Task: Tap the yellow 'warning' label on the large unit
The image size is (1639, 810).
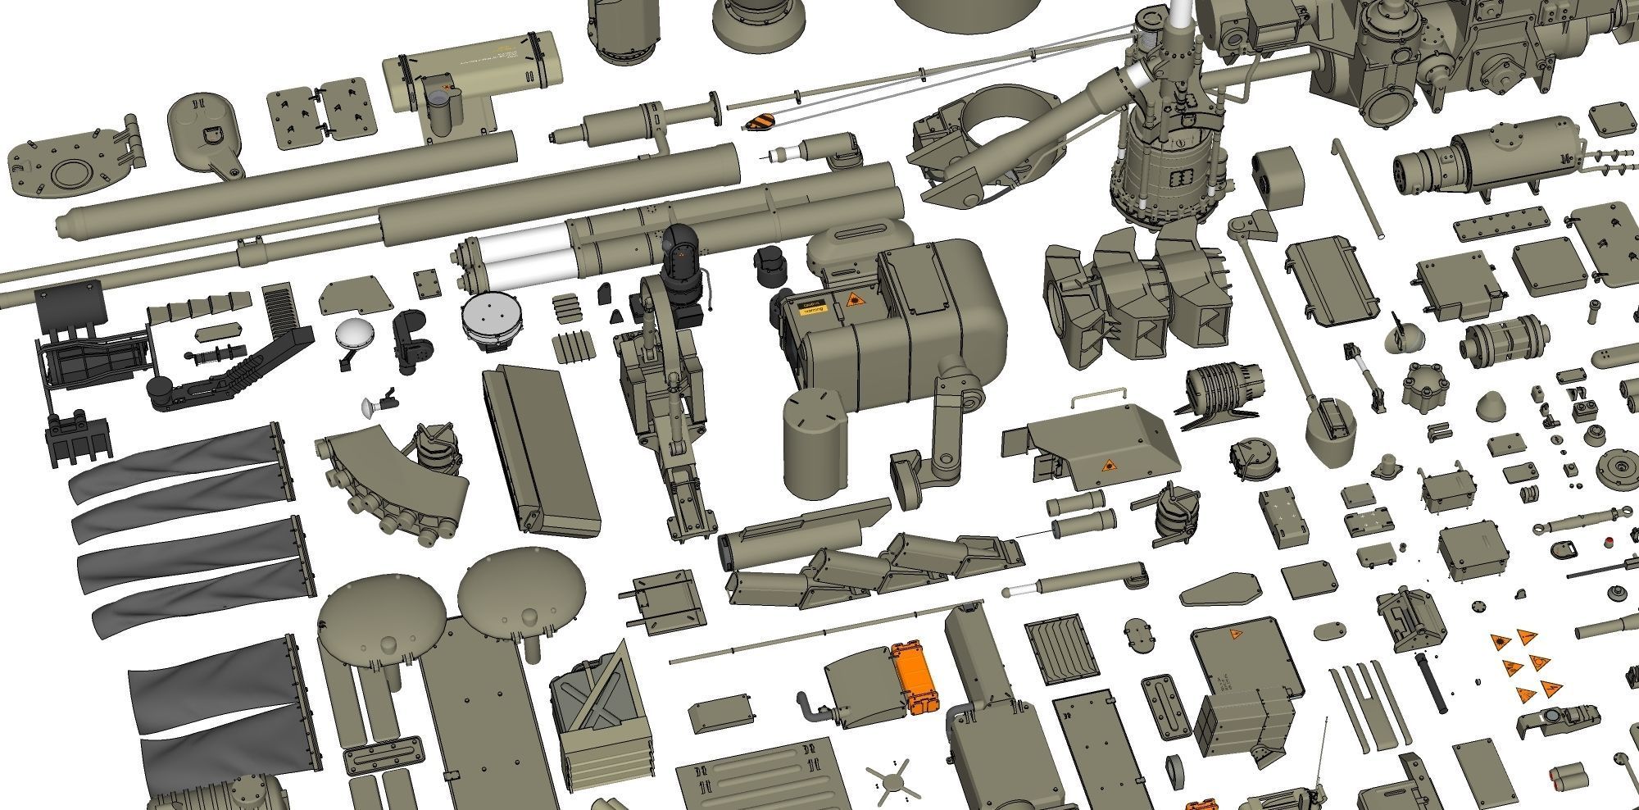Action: tap(811, 309)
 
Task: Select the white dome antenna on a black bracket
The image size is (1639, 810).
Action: tap(352, 336)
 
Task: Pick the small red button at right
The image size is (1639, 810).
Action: tap(1608, 541)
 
